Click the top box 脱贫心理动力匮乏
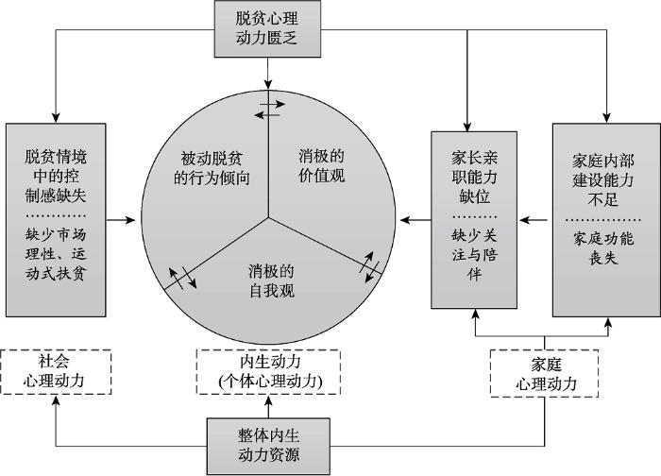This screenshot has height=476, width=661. coord(269,28)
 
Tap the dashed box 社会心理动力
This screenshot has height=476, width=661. coord(56,370)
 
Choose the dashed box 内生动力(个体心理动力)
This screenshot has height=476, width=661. coord(269,370)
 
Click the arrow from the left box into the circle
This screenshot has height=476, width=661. coord(121,221)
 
